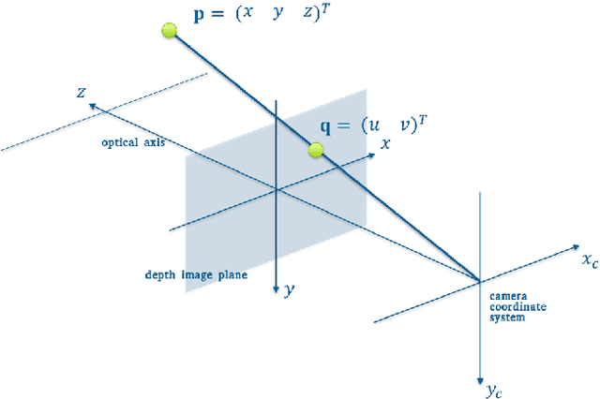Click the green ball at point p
coord(170,31)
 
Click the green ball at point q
coord(316,149)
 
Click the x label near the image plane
coord(384,144)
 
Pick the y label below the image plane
coord(289,290)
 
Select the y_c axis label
coord(494,387)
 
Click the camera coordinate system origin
coord(480,280)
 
